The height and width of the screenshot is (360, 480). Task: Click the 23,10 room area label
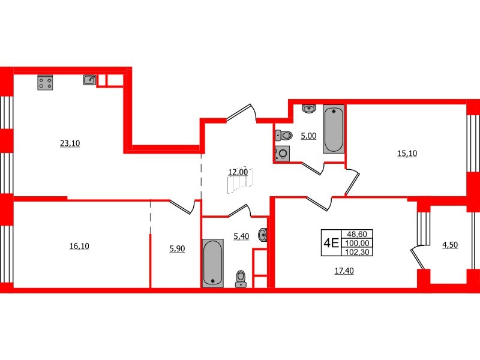pyautogui.click(x=70, y=143)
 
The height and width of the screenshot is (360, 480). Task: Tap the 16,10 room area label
pyautogui.click(x=80, y=246)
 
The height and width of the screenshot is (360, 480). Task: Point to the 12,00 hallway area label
pyautogui.click(x=238, y=172)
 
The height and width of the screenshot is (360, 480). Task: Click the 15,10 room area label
pyautogui.click(x=407, y=153)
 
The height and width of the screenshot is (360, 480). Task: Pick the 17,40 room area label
pyautogui.click(x=344, y=271)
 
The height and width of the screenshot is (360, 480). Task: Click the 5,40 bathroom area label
pyautogui.click(x=240, y=237)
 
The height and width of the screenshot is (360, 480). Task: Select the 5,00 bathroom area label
pyautogui.click(x=308, y=136)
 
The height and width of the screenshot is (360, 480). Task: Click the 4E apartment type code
pyautogui.click(x=331, y=242)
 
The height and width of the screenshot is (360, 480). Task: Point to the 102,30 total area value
pyautogui.click(x=360, y=252)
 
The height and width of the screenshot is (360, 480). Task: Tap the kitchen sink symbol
pyautogui.click(x=89, y=79)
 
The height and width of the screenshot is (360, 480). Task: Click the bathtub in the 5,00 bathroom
pyautogui.click(x=334, y=129)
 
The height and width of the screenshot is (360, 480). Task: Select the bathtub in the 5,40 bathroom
pyautogui.click(x=212, y=262)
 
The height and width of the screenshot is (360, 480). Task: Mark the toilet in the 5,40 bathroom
pyautogui.click(x=241, y=278)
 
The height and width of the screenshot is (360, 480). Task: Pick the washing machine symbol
pyautogui.click(x=282, y=154)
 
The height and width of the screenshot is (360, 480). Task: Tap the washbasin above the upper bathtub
pyautogui.click(x=309, y=109)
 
